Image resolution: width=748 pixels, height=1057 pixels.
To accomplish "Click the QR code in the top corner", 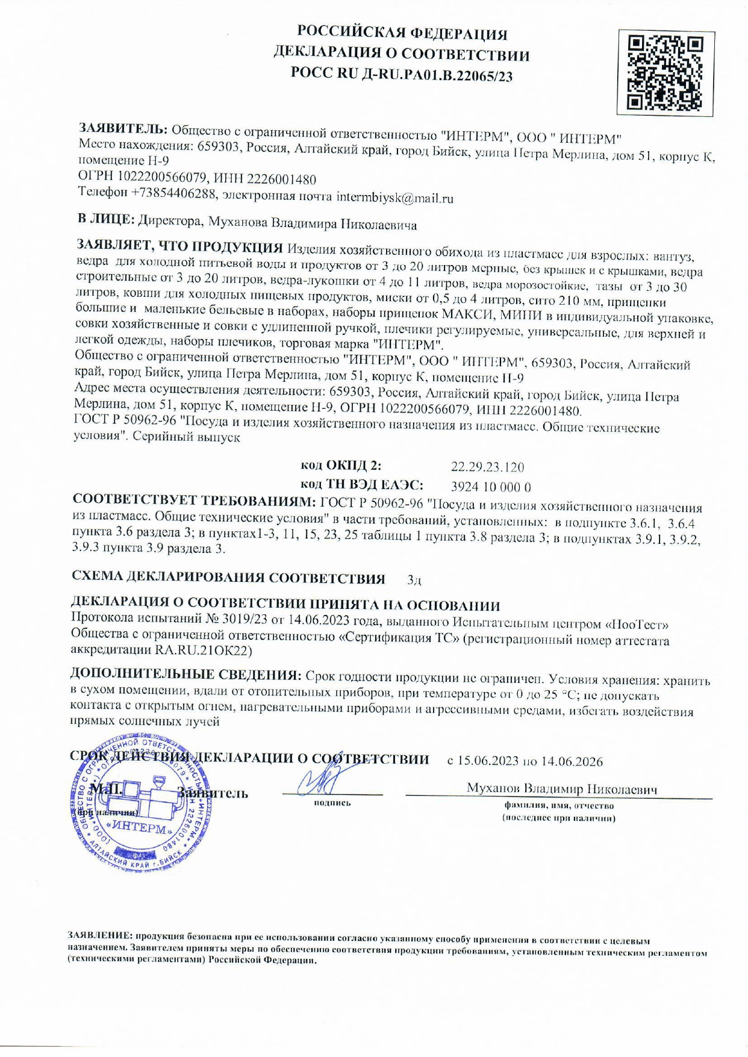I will [x=665, y=73].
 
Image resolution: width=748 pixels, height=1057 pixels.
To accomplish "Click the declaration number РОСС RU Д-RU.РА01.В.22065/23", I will [x=402, y=75].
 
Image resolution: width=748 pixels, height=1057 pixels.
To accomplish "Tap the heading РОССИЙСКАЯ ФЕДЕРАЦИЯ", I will [x=402, y=34].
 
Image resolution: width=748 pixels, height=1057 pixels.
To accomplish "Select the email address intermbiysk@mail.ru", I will [x=394, y=198].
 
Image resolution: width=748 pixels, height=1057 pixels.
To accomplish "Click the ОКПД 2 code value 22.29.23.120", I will [x=487, y=467].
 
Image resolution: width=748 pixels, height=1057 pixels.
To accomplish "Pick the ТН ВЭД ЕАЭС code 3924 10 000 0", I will [x=490, y=487].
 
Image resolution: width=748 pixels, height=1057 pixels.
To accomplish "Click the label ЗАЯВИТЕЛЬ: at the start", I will [x=123, y=128].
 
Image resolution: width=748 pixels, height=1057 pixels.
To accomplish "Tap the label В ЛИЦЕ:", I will [x=107, y=220].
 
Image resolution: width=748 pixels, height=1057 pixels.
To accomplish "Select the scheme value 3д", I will [x=414, y=580].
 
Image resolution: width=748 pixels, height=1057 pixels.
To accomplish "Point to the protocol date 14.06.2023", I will [x=313, y=620].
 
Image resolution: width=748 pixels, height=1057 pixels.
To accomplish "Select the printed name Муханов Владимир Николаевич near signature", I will [x=561, y=789].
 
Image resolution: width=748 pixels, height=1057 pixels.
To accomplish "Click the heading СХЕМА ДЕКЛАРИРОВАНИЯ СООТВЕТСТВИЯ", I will [x=228, y=578].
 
